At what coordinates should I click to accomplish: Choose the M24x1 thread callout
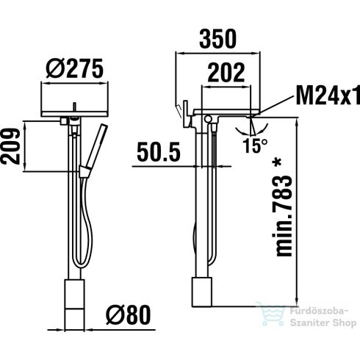328,96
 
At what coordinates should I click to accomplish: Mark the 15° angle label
254,145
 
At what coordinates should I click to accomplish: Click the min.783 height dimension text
287,213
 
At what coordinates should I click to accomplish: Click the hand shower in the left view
92,151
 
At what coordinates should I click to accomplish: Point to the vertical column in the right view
202,198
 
